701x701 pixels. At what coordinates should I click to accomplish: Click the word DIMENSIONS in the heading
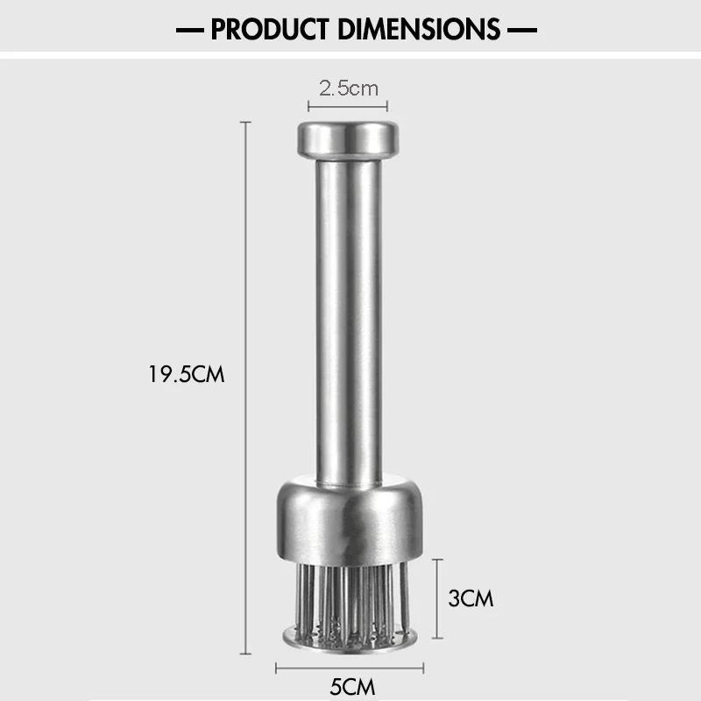(x=417, y=29)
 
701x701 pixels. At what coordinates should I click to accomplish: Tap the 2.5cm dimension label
(x=348, y=88)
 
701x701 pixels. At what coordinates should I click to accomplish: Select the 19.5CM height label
(x=187, y=375)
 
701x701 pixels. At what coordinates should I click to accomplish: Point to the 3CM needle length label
(x=471, y=598)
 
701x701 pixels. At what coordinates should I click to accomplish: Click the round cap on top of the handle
(x=348, y=138)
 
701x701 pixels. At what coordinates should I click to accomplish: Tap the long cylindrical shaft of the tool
(x=348, y=315)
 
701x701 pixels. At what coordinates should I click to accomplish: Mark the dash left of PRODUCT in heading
(x=188, y=30)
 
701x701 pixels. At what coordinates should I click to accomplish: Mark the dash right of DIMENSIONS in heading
(x=522, y=30)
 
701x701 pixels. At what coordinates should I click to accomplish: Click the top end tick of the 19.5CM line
(x=244, y=124)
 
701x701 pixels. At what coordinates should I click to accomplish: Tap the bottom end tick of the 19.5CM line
(x=244, y=654)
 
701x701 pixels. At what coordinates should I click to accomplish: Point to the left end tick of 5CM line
(x=277, y=668)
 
